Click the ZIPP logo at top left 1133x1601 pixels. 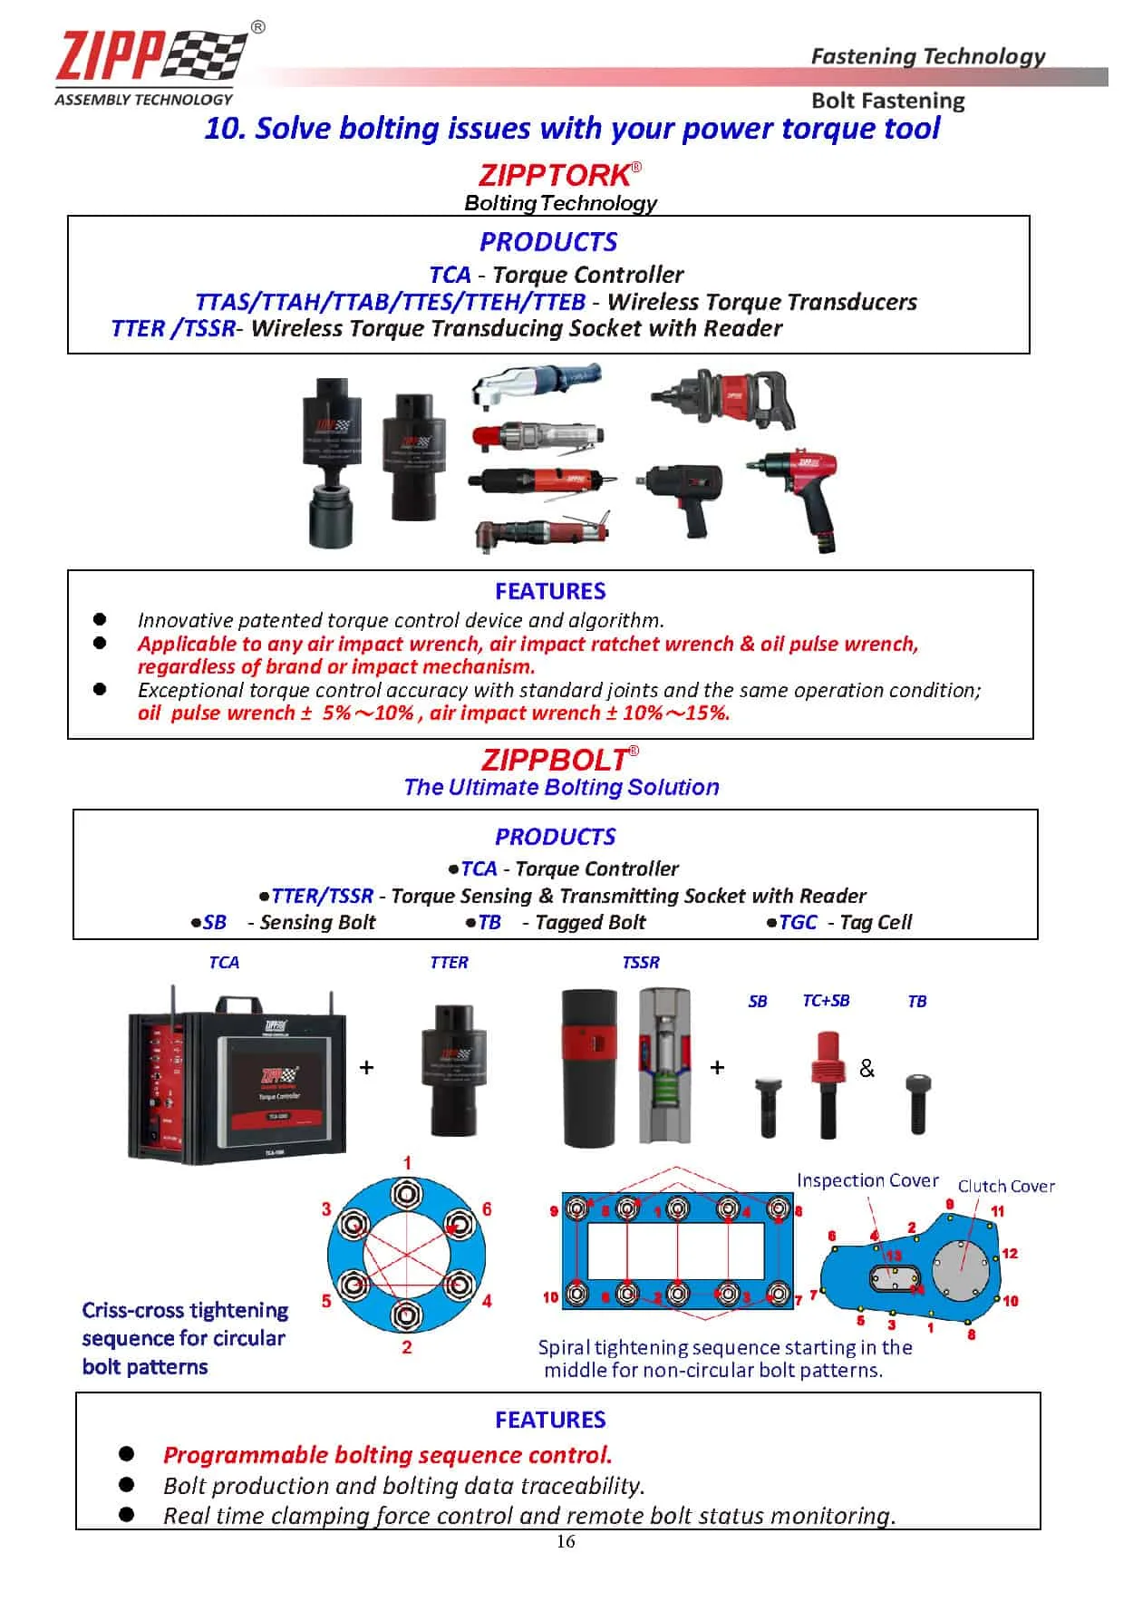click(x=150, y=63)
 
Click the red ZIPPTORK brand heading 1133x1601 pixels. click(x=555, y=174)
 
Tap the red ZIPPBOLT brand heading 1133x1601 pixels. click(x=555, y=759)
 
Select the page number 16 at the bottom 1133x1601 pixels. click(x=566, y=1542)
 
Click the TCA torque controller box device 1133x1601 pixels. click(x=237, y=1077)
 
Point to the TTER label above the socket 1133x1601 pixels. click(x=449, y=963)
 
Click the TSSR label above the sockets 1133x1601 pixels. click(x=641, y=963)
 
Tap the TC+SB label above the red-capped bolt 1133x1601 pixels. click(x=826, y=1001)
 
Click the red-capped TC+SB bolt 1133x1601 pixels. click(x=827, y=1084)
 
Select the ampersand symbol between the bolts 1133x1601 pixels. click(x=867, y=1069)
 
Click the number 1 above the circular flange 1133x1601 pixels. click(x=407, y=1163)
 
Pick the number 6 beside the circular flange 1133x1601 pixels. click(x=487, y=1209)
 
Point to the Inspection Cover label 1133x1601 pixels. click(x=867, y=1180)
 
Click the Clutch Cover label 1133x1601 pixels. click(x=1006, y=1186)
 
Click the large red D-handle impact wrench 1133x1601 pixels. click(x=725, y=399)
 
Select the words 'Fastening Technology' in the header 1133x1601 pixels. click(x=927, y=56)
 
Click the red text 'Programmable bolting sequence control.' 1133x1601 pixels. click(x=387, y=1455)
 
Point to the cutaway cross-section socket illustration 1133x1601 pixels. click(x=669, y=1065)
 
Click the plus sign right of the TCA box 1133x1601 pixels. click(x=366, y=1068)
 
